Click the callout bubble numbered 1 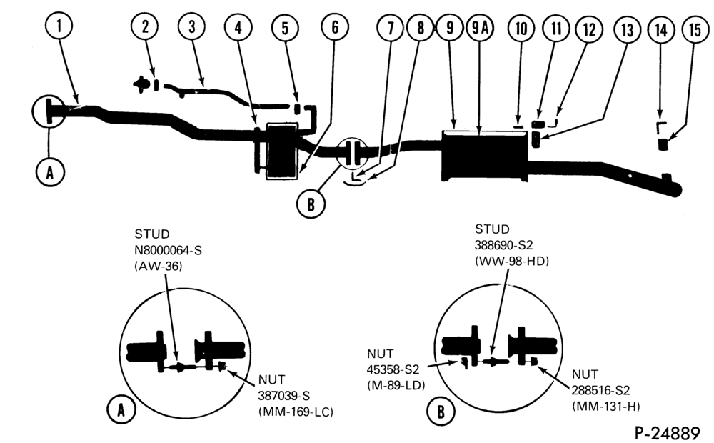tap(59, 26)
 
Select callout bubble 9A tap(480, 29)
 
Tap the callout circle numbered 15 tap(695, 30)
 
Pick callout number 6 tap(335, 27)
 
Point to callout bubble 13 tap(627, 30)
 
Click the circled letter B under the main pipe tap(311, 204)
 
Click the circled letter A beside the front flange tap(50, 172)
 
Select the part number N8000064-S tap(168, 250)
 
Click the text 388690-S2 tap(503, 245)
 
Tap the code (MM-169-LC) tap(296, 412)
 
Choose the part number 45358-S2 tap(393, 369)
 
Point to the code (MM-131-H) tap(606, 406)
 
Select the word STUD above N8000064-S tap(151, 234)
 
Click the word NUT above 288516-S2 tap(585, 374)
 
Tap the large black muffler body tap(485, 156)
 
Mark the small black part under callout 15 tap(663, 144)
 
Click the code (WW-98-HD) tap(511, 261)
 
